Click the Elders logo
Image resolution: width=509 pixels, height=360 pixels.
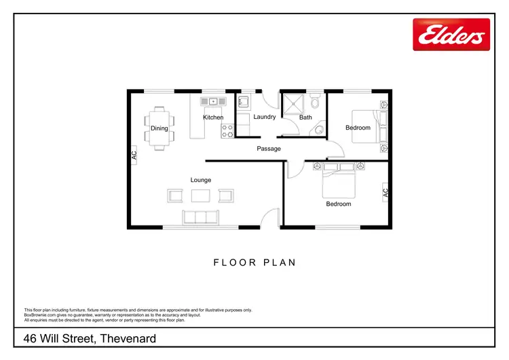coord(451,34)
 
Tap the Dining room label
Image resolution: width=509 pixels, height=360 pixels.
coord(159,128)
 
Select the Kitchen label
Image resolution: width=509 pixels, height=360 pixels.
coord(213,118)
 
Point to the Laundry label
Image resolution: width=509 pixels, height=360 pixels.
coord(264,117)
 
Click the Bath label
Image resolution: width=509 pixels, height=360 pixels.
coord(305,118)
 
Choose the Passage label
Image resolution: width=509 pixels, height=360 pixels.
coord(269,149)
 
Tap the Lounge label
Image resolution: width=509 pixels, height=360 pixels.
coord(201,180)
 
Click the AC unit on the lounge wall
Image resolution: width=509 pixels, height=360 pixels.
coord(134,155)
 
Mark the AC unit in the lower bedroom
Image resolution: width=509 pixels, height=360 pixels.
coord(385,192)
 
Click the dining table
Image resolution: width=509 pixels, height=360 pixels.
coord(159,127)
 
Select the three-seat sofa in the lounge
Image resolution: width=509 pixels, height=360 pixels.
coord(200,217)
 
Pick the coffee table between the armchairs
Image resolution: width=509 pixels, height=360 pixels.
coord(201,196)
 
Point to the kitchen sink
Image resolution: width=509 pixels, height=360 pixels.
coord(213,101)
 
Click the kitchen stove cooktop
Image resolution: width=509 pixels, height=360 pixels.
coord(227,130)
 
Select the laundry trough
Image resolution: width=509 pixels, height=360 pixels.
coord(244,103)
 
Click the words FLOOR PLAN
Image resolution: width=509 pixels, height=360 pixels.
coord(254,263)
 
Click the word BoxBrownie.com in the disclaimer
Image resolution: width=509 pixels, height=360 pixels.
coord(41,314)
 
